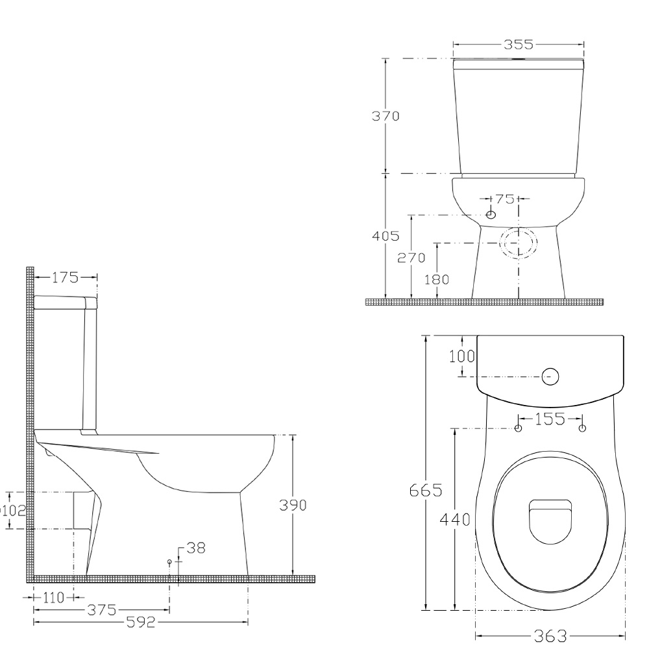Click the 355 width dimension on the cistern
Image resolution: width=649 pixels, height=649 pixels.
[518, 45]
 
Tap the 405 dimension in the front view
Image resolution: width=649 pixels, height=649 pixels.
[386, 236]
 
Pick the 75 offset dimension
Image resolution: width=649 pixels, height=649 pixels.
[504, 199]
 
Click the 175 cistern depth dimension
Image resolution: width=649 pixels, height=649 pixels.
[66, 278]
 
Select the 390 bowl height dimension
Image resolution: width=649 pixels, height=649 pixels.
[292, 506]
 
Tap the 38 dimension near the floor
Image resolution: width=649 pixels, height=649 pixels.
[195, 548]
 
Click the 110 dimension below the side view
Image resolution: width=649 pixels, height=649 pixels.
[54, 597]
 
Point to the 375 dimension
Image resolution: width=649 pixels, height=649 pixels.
[103, 610]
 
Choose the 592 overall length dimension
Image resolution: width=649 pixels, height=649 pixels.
[141, 623]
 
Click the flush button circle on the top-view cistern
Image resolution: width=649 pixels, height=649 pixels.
[550, 376]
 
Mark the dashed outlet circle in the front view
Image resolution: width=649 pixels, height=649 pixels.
[519, 243]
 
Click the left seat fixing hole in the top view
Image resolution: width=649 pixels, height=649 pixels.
[518, 428]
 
